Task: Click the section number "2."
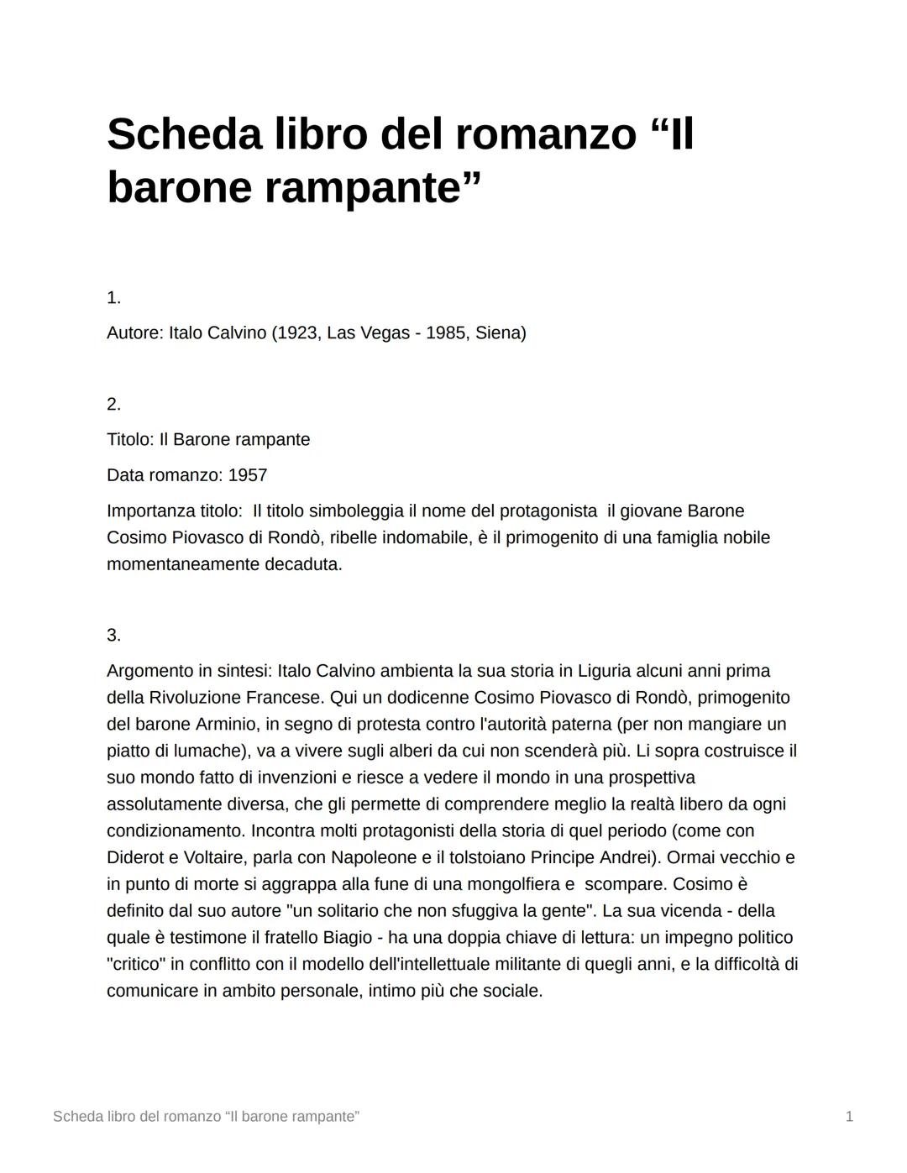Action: pyautogui.click(x=113, y=405)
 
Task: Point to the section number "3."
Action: pyautogui.click(x=113, y=636)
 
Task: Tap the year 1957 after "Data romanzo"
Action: pyautogui.click(x=248, y=476)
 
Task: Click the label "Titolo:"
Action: pyautogui.click(x=130, y=440)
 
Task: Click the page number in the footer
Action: pyautogui.click(x=849, y=1117)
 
